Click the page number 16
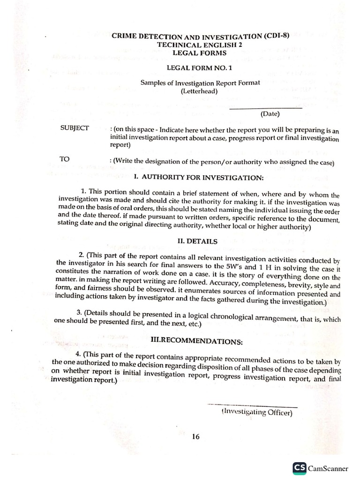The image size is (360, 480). (x=195, y=436)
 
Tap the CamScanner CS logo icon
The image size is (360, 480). (x=300, y=468)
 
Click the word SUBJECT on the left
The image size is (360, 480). (x=75, y=127)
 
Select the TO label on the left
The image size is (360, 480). (x=65, y=159)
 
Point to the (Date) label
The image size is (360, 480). (x=270, y=113)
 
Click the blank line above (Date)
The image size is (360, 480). (x=265, y=108)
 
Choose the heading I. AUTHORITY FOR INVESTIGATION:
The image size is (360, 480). (x=199, y=178)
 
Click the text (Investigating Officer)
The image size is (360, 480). (x=256, y=412)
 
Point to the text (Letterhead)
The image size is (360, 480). (x=199, y=91)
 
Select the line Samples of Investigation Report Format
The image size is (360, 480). (x=199, y=83)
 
